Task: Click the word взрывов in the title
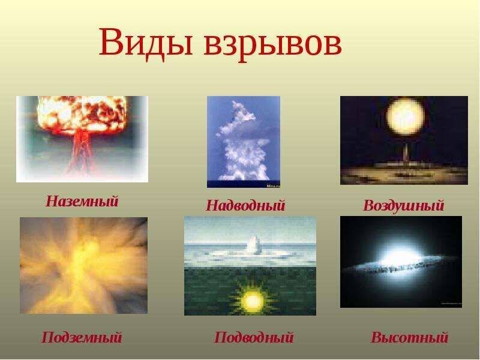pos(273,44)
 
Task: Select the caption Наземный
pos(82,201)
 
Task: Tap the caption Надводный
pos(245,206)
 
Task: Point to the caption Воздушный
pos(403,206)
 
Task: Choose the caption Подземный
pos(82,338)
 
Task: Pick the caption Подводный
pos(253,338)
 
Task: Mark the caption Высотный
pos(409,338)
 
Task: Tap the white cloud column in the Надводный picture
pos(242,144)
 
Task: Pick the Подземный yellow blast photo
pos(83,265)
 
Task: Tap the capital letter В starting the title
pos(112,43)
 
